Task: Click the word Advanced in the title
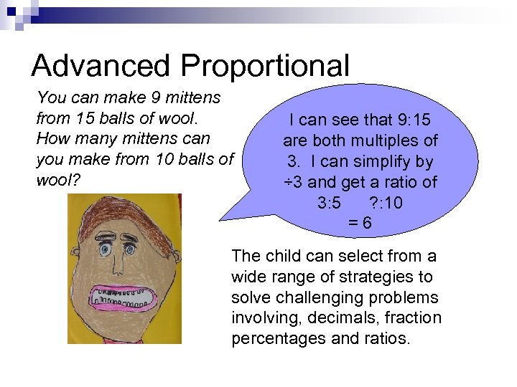(101, 66)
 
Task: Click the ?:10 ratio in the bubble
(385, 203)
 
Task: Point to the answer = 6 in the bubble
(360, 223)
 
